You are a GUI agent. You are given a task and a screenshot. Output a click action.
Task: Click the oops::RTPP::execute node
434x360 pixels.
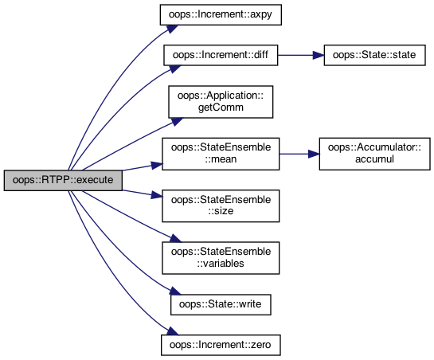pyautogui.click(x=63, y=180)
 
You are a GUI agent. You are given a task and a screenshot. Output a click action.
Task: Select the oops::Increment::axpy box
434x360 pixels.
pyautogui.click(x=221, y=14)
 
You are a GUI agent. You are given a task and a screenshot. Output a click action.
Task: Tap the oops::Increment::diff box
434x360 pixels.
pyautogui.click(x=221, y=55)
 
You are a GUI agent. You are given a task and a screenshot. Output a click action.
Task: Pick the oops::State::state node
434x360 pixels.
pyautogui.click(x=374, y=55)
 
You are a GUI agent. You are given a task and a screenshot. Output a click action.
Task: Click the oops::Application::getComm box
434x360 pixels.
pyautogui.click(x=221, y=102)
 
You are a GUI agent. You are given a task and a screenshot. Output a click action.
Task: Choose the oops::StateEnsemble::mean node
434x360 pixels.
pyautogui.click(x=221, y=154)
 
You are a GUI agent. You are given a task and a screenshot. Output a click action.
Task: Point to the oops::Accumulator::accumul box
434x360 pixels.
pyautogui.click(x=374, y=154)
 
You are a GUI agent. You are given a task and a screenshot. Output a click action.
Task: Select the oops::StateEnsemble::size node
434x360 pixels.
pyautogui.click(x=221, y=205)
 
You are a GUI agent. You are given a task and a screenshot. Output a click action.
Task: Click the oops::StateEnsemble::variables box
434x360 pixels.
pyautogui.click(x=221, y=258)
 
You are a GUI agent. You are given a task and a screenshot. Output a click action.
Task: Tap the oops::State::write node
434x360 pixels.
pyautogui.click(x=221, y=304)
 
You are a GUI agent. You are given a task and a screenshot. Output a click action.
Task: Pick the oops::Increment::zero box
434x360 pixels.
pyautogui.click(x=221, y=345)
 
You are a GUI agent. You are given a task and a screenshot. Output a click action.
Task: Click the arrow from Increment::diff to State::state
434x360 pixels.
pyautogui.click(x=301, y=55)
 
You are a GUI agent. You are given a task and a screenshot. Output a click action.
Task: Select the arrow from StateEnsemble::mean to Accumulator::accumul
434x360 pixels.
pyautogui.click(x=299, y=154)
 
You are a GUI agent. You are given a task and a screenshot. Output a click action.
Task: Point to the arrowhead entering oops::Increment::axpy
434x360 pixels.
pyautogui.click(x=172, y=28)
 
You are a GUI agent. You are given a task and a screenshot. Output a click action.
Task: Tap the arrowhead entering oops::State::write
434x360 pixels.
pyautogui.click(x=175, y=291)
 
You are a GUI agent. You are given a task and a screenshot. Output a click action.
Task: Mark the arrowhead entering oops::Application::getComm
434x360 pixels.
pyautogui.click(x=176, y=121)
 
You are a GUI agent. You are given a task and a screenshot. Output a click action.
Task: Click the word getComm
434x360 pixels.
pyautogui.click(x=221, y=108)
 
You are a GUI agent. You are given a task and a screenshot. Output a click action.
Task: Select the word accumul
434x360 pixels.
pyautogui.click(x=374, y=159)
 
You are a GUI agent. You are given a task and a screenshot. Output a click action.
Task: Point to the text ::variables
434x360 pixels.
pyautogui.click(x=221, y=264)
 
